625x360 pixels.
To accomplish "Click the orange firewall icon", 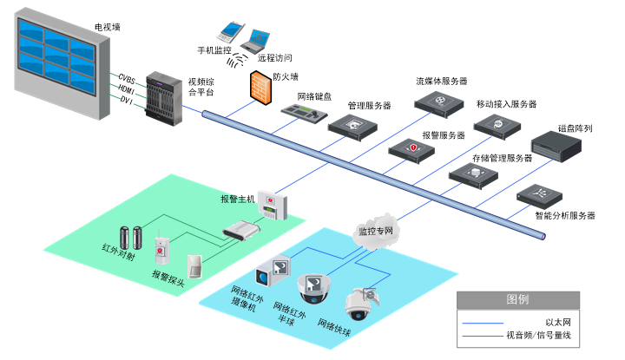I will (260, 88).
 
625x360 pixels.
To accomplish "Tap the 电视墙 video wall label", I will (108, 28).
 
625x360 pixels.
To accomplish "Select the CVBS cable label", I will (127, 78).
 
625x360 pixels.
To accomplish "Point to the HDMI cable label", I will (127, 89).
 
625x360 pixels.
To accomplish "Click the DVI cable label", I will (127, 101).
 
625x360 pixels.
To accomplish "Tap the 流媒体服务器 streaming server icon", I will (440, 103).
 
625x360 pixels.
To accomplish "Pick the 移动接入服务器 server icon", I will (501, 127).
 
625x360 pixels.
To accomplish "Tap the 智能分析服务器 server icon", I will (539, 195).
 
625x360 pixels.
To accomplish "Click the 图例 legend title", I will (517, 299).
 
